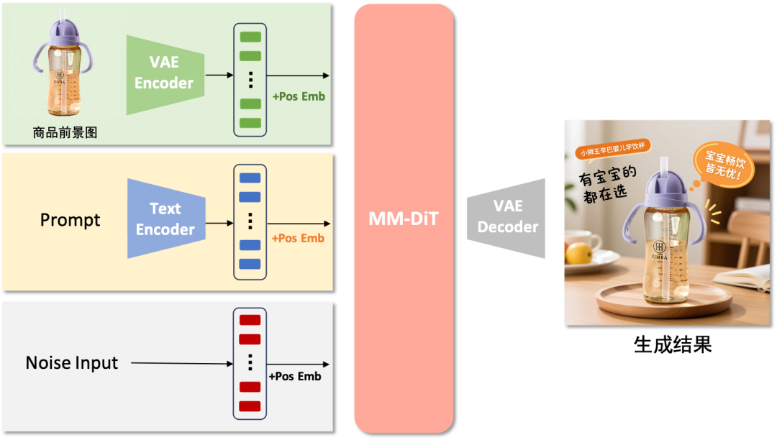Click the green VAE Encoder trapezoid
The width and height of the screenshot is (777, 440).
click(x=165, y=73)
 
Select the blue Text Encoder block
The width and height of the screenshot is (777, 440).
click(x=165, y=219)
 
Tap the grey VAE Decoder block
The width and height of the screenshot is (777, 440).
click(x=506, y=216)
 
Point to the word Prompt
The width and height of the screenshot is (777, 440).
click(x=70, y=220)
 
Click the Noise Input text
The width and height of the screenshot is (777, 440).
click(x=71, y=363)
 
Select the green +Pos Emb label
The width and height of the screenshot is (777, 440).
click(x=299, y=96)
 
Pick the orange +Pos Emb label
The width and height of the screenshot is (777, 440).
click(x=298, y=238)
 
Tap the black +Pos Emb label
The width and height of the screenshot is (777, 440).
click(x=295, y=376)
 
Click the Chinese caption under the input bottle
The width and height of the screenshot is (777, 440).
click(x=65, y=132)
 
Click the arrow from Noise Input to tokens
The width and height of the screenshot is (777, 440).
click(x=183, y=364)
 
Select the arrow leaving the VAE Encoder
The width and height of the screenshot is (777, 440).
click(x=219, y=75)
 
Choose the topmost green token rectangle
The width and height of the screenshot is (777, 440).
click(x=250, y=36)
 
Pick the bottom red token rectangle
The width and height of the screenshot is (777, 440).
click(x=250, y=406)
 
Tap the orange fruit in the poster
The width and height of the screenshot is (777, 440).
click(x=578, y=253)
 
